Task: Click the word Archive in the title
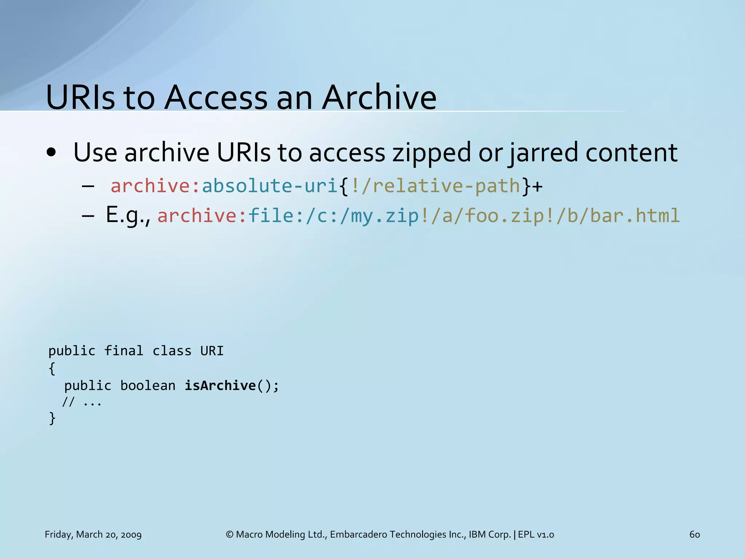[x=379, y=98]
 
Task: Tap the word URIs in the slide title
[x=80, y=98]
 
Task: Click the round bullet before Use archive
[x=51, y=153]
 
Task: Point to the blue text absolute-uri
[x=270, y=186]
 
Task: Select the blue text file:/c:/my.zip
[x=333, y=215]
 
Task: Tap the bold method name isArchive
[x=220, y=385]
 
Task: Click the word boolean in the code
[x=148, y=385]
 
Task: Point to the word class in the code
[x=172, y=351]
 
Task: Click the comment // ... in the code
[x=82, y=403]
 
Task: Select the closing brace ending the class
[x=52, y=418]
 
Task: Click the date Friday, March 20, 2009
[x=93, y=534]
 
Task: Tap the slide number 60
[x=694, y=534]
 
